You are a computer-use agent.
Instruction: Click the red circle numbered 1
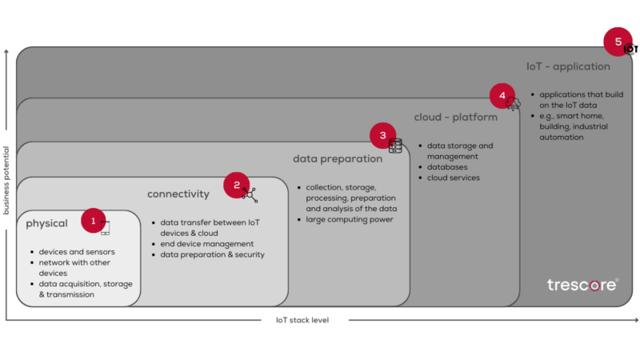93,221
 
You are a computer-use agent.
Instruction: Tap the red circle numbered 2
236,185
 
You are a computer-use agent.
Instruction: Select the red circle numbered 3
382,135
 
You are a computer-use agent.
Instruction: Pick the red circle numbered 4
502,96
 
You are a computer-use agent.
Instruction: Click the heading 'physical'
46,223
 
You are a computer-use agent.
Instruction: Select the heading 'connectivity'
178,194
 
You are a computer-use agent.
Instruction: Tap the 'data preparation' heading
337,158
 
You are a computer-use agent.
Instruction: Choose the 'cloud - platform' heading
455,117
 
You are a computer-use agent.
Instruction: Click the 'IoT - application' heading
568,66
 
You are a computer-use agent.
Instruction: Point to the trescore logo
582,284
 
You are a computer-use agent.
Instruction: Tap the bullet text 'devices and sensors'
77,252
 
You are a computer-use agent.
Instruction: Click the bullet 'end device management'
206,244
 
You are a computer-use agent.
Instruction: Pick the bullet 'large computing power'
349,219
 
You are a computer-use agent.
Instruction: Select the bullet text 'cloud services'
453,178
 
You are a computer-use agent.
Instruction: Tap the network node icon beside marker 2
250,194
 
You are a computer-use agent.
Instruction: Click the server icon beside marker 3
395,146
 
